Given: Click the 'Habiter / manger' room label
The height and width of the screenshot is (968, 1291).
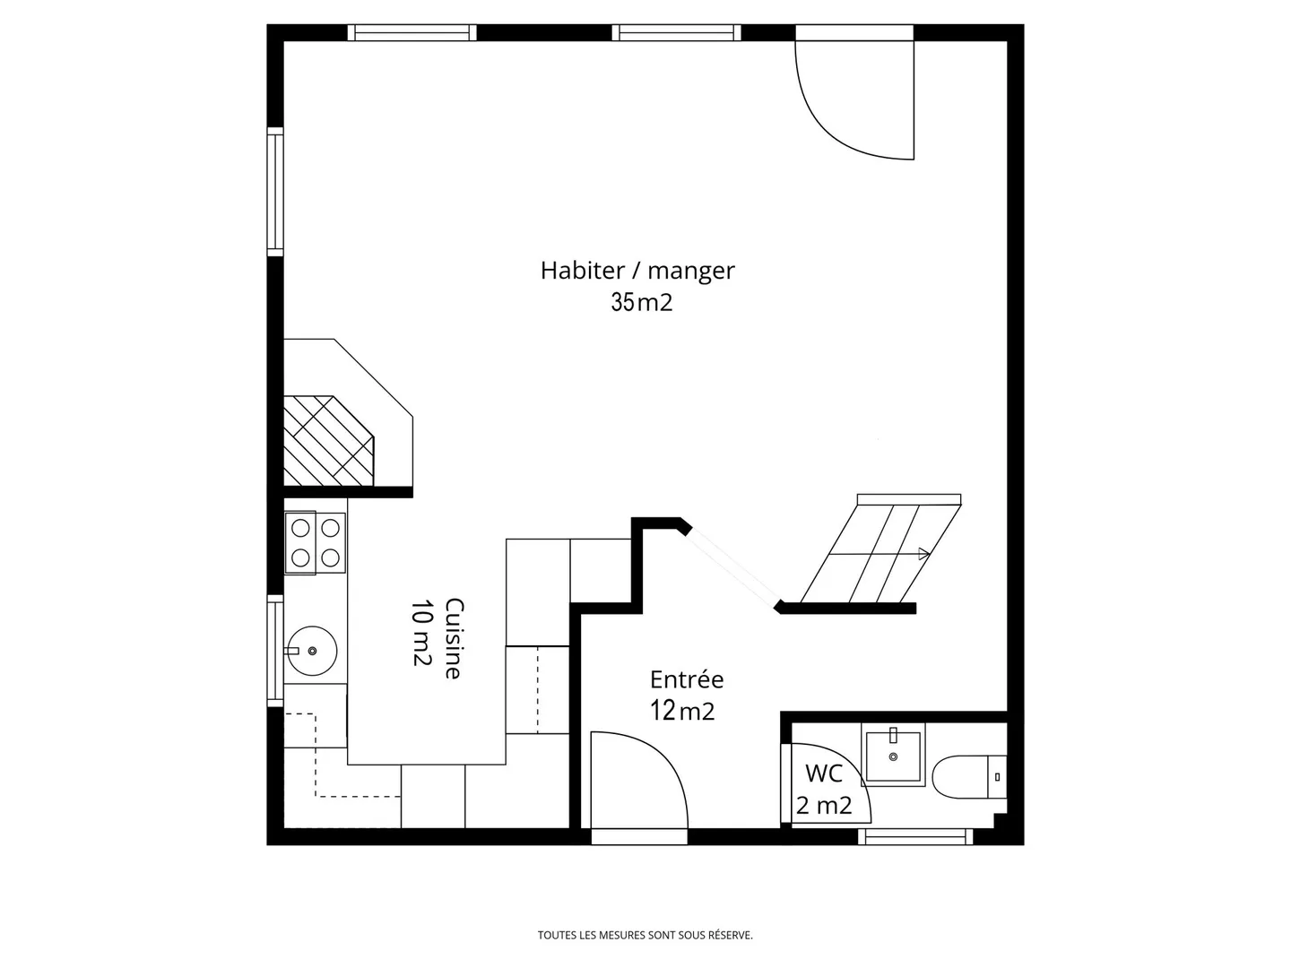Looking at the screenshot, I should pyautogui.click(x=637, y=271).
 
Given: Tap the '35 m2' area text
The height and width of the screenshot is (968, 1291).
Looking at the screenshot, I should pyautogui.click(x=641, y=303).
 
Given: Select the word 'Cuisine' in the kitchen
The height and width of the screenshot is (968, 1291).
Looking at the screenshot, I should pyautogui.click(x=454, y=638).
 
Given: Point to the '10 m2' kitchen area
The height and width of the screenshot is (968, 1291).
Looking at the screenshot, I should pyautogui.click(x=421, y=633).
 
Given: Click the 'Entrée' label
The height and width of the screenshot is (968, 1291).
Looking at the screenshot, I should pyautogui.click(x=687, y=679).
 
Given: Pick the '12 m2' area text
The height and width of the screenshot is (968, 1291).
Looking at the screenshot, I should pyautogui.click(x=682, y=712).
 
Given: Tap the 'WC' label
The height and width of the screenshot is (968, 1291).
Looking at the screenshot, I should pyautogui.click(x=823, y=773).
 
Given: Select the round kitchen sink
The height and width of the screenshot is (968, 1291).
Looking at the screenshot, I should pyautogui.click(x=312, y=651).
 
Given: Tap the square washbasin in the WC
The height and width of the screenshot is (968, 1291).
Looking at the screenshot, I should pyautogui.click(x=893, y=756).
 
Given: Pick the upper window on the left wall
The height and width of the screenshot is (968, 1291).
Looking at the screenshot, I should pyautogui.click(x=275, y=192).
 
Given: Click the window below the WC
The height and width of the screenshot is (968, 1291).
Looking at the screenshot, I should pyautogui.click(x=915, y=836).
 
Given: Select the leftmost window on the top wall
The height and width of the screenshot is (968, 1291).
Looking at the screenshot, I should pyautogui.click(x=412, y=33).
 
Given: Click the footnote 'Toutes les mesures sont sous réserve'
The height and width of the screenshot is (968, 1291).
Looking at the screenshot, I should pyautogui.click(x=645, y=935).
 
